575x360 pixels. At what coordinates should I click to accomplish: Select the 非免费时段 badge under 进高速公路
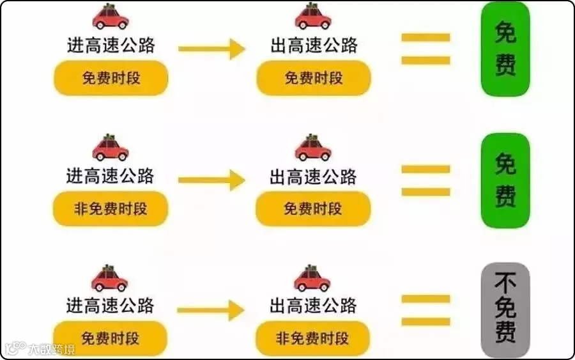click(x=111, y=209)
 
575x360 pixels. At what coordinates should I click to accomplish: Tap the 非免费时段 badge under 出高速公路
click(x=313, y=338)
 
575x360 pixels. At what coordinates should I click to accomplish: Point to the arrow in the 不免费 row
click(x=211, y=311)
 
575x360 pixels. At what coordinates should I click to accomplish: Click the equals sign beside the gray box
click(x=425, y=310)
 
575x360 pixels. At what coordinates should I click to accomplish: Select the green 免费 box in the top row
click(x=505, y=49)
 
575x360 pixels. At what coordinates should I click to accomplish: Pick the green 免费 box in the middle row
click(x=505, y=180)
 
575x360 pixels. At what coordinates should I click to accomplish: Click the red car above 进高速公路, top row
click(x=111, y=17)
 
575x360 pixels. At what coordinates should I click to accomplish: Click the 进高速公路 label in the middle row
click(x=111, y=176)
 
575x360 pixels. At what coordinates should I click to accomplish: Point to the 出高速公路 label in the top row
click(x=314, y=45)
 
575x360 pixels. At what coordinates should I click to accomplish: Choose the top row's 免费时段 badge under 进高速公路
click(x=111, y=79)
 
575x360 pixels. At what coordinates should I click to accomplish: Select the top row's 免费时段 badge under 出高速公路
click(x=314, y=79)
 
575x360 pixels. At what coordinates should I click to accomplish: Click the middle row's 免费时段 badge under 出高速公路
click(x=313, y=209)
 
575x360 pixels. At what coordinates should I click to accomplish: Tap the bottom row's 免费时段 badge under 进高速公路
click(x=110, y=338)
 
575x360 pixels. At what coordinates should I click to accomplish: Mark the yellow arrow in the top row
click(x=211, y=49)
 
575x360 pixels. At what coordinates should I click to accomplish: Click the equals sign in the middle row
click(x=425, y=180)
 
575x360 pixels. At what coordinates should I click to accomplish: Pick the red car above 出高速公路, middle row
click(x=313, y=148)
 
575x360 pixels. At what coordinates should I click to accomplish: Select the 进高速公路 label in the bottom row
click(x=111, y=305)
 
